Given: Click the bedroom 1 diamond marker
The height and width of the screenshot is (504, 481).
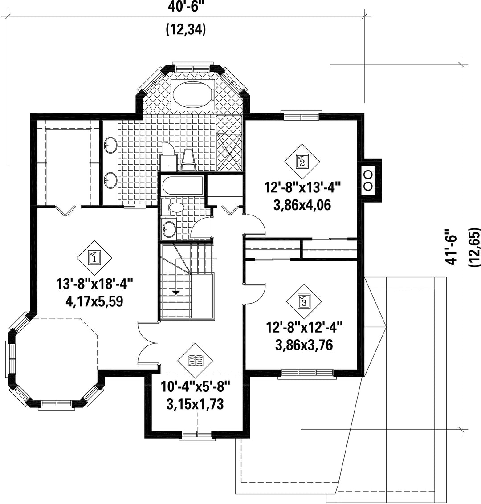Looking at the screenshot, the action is [94, 258].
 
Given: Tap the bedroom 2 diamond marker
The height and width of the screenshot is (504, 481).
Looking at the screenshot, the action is [302, 161].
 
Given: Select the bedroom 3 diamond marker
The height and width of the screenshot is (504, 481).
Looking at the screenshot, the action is [304, 301].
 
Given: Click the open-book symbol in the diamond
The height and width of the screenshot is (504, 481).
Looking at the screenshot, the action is [196, 360].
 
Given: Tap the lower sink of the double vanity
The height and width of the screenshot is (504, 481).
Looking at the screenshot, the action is [110, 180].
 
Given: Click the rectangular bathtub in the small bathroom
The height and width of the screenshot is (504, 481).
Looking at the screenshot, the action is [182, 187].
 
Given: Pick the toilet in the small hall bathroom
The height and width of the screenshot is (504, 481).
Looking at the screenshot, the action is [173, 208].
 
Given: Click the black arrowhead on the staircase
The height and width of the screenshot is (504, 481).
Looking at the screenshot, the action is [176, 293].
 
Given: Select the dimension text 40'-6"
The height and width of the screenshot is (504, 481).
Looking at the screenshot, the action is [186, 7].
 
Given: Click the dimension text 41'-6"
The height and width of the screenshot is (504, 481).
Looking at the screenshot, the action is [451, 247].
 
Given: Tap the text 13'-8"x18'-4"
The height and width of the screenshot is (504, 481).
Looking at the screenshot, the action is [94, 284].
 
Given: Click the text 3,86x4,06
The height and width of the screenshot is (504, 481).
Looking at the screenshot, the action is [302, 205].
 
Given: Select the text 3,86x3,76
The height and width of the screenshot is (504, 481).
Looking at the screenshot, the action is [304, 345].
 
